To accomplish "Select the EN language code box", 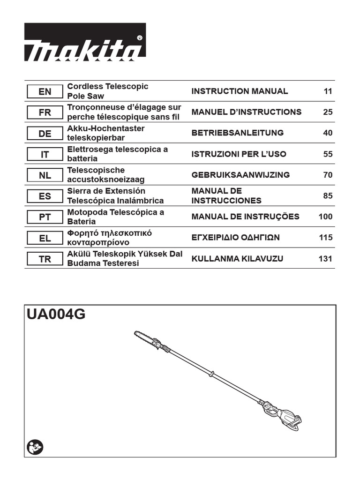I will [45, 91].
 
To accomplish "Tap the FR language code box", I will [45, 112].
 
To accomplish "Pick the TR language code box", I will [45, 259].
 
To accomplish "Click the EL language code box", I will [45, 238].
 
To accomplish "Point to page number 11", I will [328, 91].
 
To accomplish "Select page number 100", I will [325, 217].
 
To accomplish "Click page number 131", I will [325, 259].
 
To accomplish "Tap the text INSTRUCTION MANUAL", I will [240, 91].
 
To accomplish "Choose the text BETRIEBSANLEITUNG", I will [238, 133].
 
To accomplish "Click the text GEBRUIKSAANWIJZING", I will [240, 175].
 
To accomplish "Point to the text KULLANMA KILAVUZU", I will [237, 259].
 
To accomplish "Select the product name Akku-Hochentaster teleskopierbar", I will [106, 133].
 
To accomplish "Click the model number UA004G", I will [56, 315].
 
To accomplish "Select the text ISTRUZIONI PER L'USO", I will [239, 154].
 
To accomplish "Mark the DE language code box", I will [45, 134].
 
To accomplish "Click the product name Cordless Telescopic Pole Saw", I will [108, 91].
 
